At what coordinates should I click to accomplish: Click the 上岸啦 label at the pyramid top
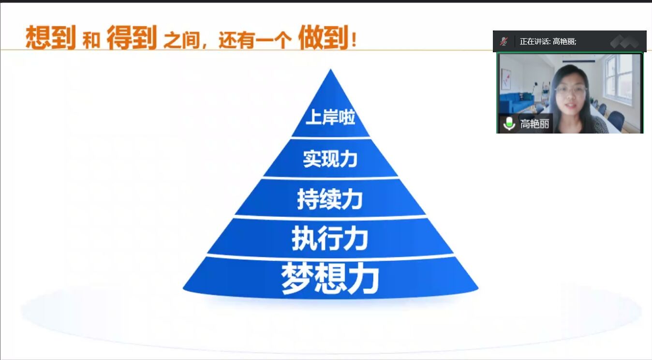(x=330, y=117)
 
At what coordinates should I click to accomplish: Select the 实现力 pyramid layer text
(x=330, y=159)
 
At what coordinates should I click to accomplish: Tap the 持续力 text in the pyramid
(x=330, y=199)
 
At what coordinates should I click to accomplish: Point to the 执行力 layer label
(x=330, y=238)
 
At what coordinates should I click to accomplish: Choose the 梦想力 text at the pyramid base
(x=330, y=278)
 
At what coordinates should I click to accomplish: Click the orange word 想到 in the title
(x=51, y=37)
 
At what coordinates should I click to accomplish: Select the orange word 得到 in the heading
(x=132, y=37)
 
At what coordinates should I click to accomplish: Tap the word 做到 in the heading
(x=324, y=37)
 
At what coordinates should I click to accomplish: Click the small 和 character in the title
(x=91, y=40)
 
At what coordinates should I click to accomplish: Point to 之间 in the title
(x=182, y=40)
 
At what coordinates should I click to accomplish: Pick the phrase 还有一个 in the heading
(x=255, y=40)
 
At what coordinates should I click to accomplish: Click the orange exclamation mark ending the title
(x=354, y=40)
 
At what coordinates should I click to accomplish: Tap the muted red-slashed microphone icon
(x=504, y=41)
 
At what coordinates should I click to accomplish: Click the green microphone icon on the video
(x=509, y=123)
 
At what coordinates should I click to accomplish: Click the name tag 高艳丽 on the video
(x=534, y=124)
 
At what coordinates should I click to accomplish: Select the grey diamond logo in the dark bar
(x=624, y=41)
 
